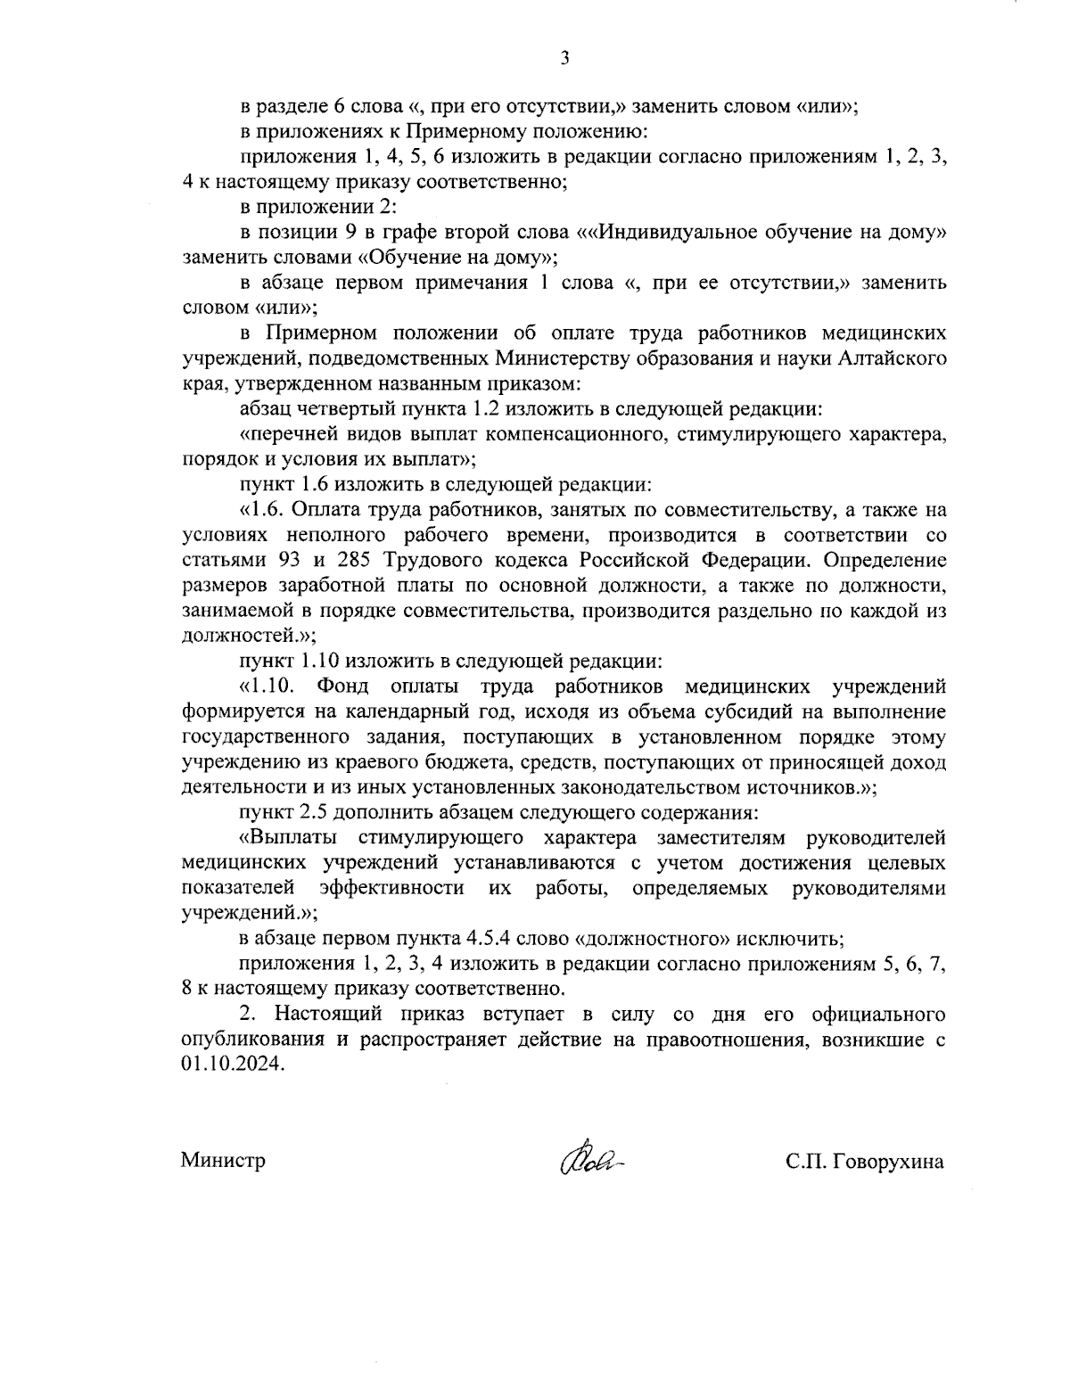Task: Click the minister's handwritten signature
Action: [x=588, y=1159]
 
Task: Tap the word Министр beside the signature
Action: [x=223, y=1162]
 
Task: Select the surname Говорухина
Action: [x=885, y=1162]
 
